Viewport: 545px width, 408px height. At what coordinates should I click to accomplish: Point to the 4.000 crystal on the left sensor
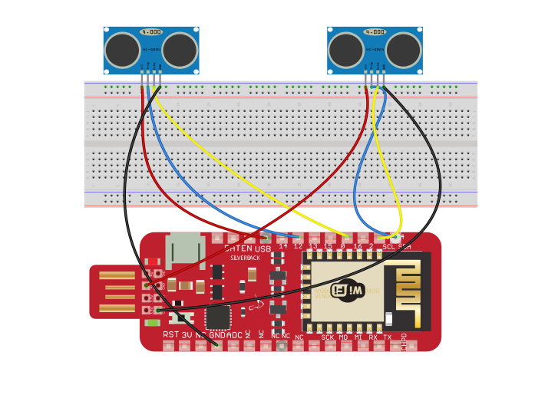[151, 32]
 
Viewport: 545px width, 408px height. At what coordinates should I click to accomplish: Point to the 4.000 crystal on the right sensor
[375, 32]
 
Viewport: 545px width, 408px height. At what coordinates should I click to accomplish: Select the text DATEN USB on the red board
[247, 248]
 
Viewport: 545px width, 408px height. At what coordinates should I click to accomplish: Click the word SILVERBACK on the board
[246, 258]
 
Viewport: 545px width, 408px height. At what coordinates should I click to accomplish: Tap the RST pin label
[170, 335]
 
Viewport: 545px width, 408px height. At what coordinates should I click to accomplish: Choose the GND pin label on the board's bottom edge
[218, 335]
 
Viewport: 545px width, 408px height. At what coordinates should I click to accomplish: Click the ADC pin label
[235, 335]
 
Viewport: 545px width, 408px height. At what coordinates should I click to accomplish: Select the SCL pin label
[388, 247]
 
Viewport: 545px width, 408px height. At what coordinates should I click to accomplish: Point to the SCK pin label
[328, 337]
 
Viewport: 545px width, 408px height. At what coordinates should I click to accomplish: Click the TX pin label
[387, 337]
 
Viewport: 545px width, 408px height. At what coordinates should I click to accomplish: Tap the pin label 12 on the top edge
[299, 246]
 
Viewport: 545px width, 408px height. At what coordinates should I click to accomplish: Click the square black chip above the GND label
[218, 316]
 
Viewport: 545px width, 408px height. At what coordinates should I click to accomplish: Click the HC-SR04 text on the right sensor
[375, 48]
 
